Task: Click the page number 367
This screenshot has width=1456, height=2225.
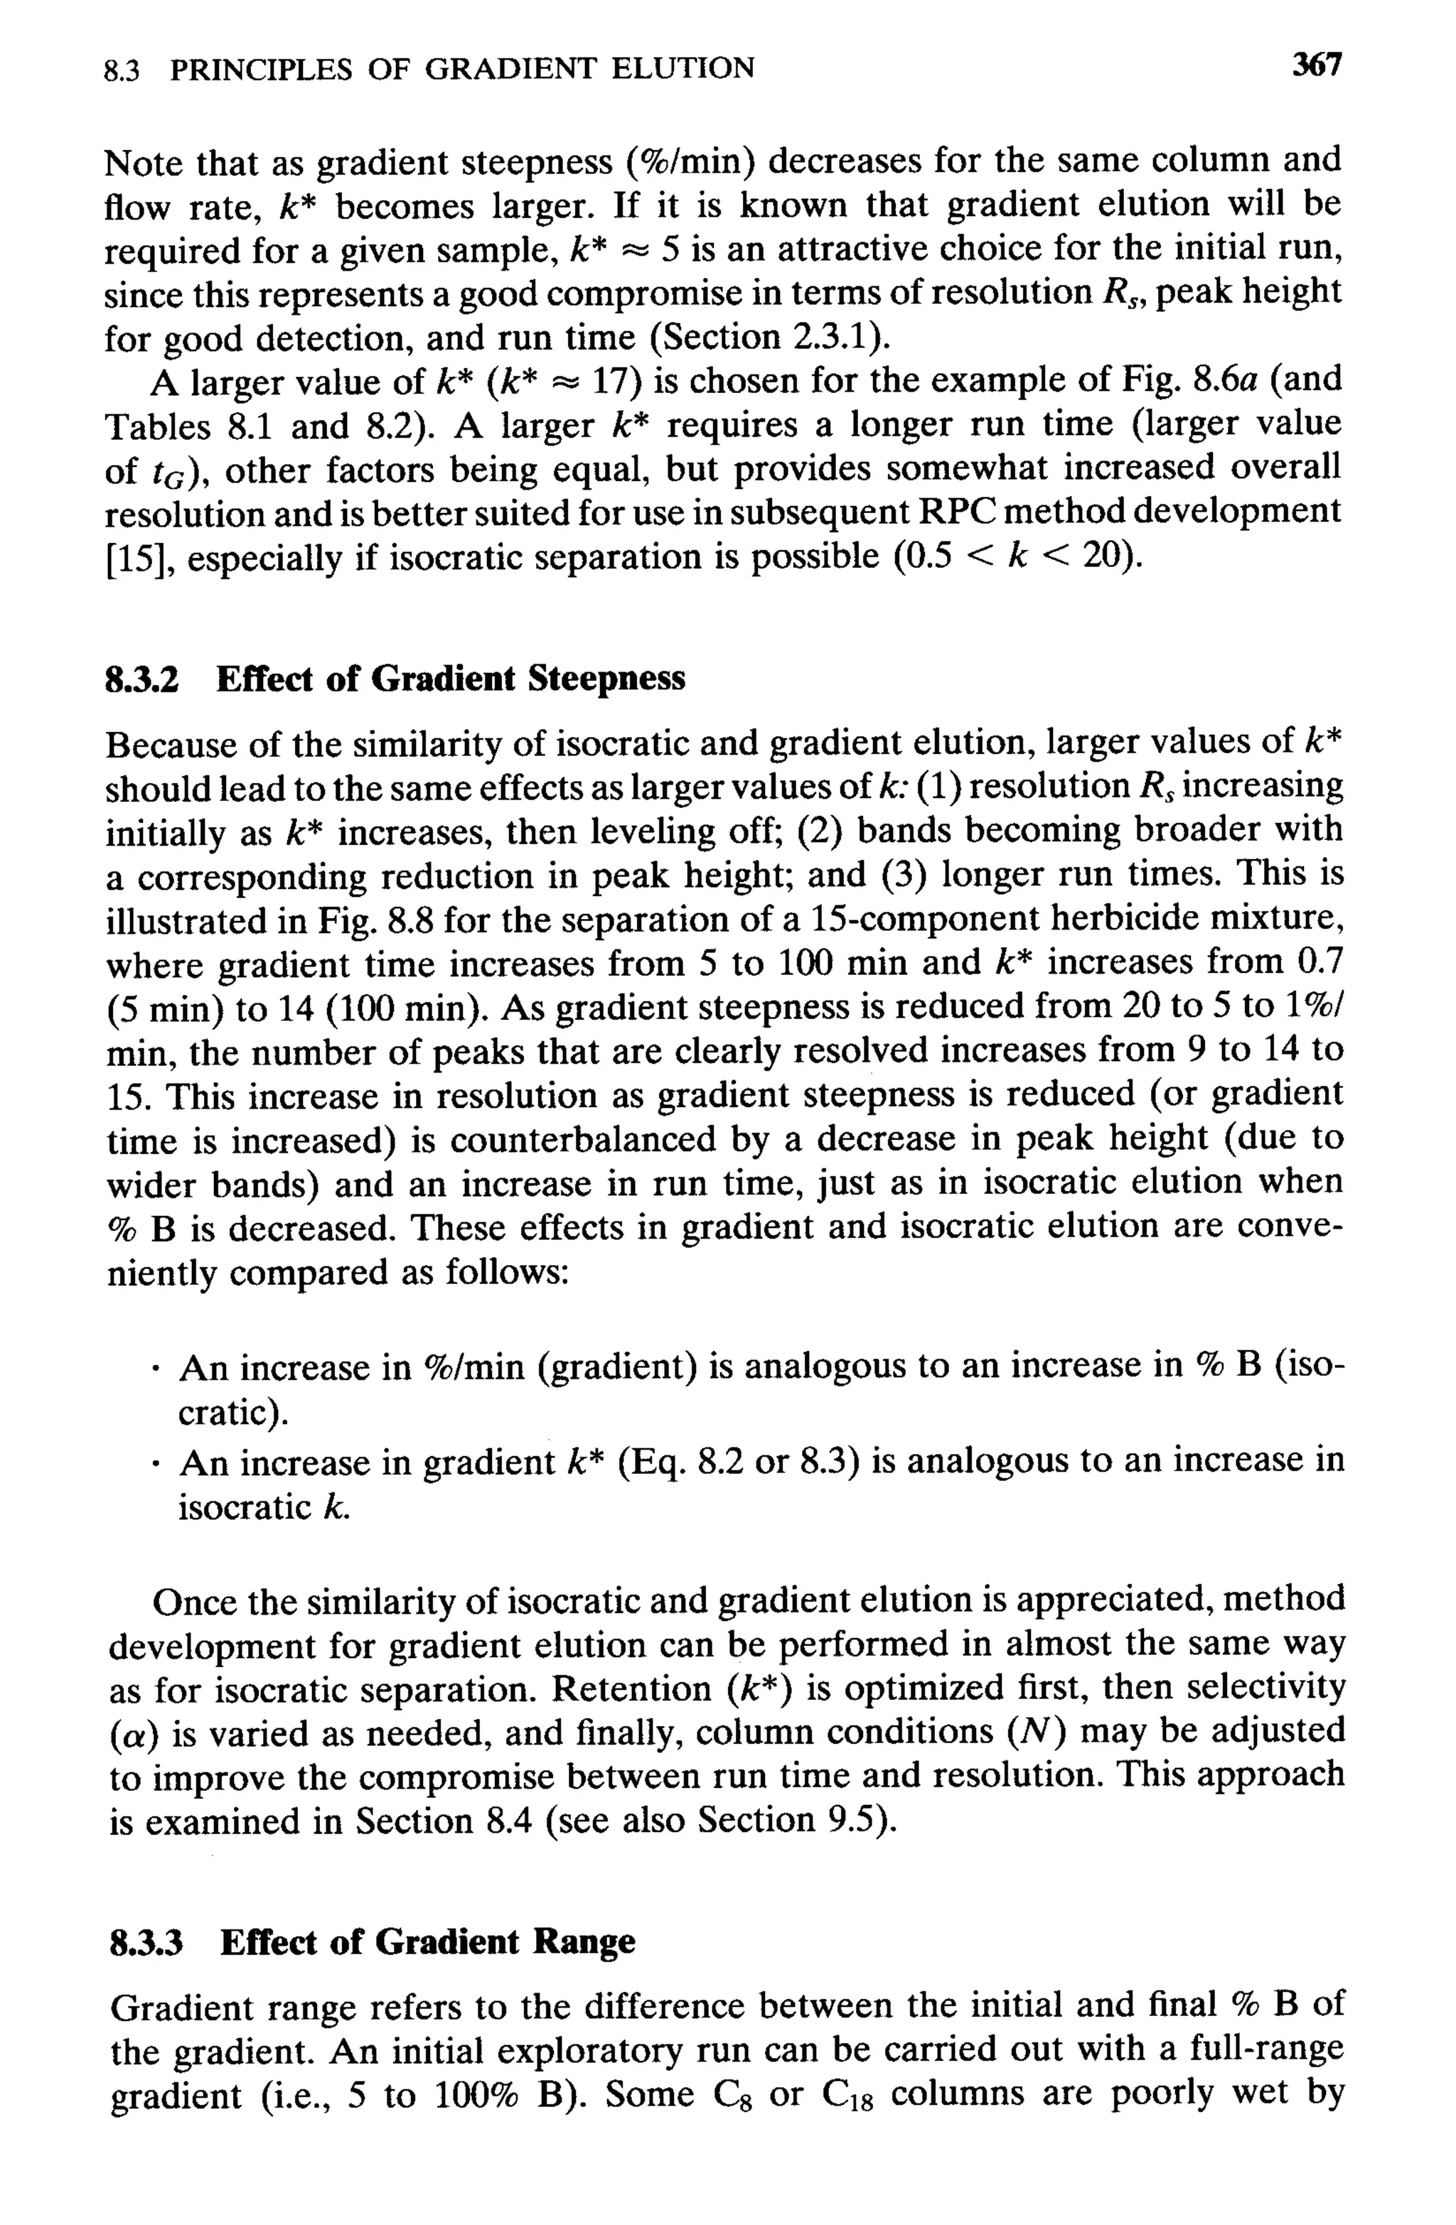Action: click(1317, 65)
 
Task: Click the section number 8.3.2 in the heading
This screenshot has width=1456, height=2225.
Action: click(141, 678)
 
